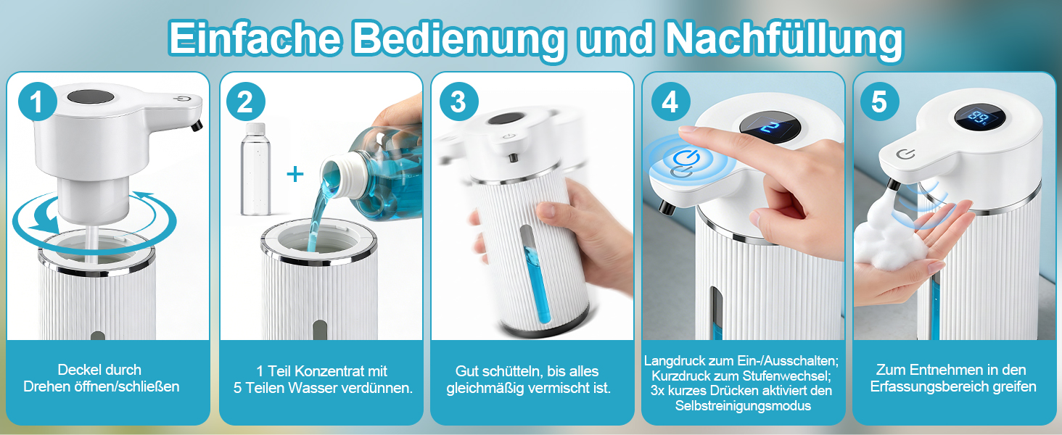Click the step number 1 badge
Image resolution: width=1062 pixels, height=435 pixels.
pos(38,102)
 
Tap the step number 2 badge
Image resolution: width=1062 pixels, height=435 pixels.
pos(246,102)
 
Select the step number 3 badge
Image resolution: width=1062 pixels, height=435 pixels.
pos(459,102)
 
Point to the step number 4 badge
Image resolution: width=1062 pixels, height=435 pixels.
pos(670,102)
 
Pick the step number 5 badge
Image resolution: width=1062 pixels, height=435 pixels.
pos(880,102)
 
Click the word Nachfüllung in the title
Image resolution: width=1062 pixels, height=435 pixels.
pos(783,40)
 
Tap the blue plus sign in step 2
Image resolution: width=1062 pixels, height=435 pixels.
pos(295,175)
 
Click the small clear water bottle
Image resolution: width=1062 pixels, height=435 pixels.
pos(255,169)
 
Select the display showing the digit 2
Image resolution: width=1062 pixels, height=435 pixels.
pos(770,128)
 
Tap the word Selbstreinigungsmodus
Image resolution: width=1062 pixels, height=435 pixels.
pos(743,406)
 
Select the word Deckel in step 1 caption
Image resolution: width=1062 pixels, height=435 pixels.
pos(75,370)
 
